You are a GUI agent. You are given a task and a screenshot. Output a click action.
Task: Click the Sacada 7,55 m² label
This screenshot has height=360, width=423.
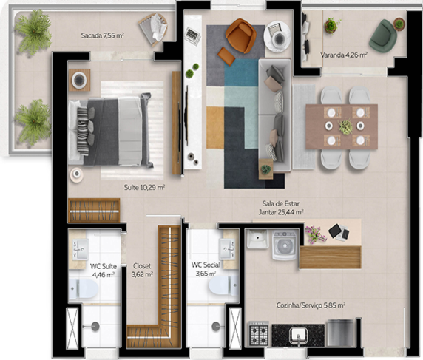102,35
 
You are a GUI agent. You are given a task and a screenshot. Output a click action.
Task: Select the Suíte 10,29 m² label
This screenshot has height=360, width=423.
144,188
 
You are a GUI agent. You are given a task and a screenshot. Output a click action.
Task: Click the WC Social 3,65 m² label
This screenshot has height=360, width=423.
206,268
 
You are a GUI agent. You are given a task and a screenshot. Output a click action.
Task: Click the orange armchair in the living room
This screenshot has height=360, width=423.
240,33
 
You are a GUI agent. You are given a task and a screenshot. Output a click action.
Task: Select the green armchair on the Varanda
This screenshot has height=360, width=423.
384,35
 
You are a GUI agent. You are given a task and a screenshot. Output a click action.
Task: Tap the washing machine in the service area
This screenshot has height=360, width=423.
285,245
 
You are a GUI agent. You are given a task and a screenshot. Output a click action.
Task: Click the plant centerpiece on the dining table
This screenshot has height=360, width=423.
345,127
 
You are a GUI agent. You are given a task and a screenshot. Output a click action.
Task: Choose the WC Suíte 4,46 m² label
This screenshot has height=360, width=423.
102,270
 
